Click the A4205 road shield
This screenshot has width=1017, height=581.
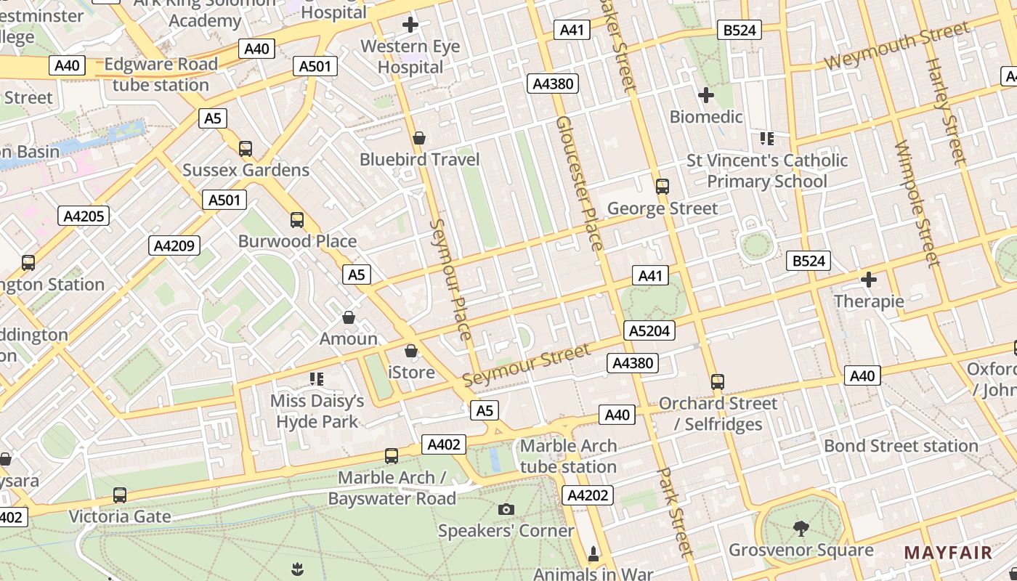tap(84, 216)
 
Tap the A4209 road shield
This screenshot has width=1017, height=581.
tap(174, 245)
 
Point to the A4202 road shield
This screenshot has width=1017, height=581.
tap(588, 495)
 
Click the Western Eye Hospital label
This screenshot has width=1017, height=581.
tap(410, 57)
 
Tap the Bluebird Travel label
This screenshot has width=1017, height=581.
tap(420, 159)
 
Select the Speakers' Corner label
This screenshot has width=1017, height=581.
tap(506, 531)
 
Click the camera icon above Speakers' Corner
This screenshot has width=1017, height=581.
tap(506, 509)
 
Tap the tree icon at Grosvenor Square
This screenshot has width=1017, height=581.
tap(801, 528)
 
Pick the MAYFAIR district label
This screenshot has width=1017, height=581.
tap(947, 553)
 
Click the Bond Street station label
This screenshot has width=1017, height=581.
tap(901, 445)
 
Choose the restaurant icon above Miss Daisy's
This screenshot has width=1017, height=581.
tap(316, 378)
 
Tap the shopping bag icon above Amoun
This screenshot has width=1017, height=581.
tap(349, 317)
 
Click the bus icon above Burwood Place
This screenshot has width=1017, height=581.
tap(296, 219)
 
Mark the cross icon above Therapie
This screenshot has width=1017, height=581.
tap(869, 280)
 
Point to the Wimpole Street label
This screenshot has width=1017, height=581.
tap(917, 204)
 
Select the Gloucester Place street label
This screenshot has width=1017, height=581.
tap(579, 182)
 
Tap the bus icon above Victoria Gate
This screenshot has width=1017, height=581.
tap(120, 495)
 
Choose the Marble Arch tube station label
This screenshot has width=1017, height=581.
tap(568, 456)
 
